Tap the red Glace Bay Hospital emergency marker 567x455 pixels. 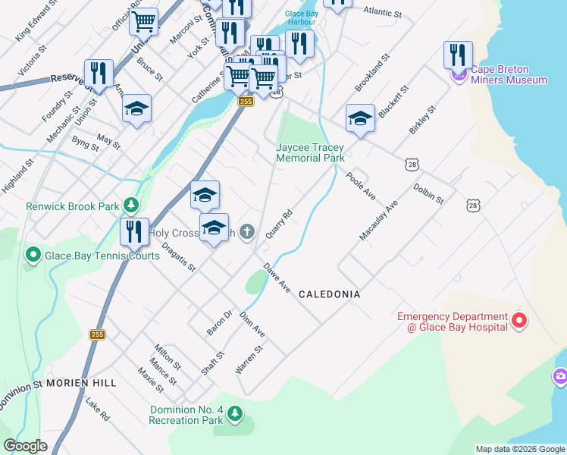pos(519,321)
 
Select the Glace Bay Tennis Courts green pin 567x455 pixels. pos(33,256)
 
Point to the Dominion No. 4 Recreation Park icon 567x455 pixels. pos(235,414)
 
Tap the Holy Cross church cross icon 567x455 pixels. pos(246,233)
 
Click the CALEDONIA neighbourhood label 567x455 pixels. pos(329,293)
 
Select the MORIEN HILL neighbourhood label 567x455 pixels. pos(81,383)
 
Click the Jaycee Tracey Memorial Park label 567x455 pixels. pos(310,152)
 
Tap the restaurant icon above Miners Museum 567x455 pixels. pos(458,55)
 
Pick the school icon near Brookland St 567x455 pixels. pos(360,118)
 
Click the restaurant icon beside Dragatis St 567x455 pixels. pos(134,231)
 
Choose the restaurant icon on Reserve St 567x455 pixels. pos(99,73)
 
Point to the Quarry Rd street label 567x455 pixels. pos(279,225)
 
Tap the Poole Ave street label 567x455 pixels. pos(361,186)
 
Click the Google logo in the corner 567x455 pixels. pos(25,446)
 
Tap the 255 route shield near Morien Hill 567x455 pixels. pos(97,334)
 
